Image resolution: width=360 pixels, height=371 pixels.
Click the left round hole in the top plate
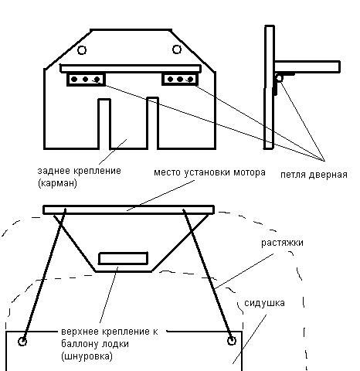[x=82, y=49]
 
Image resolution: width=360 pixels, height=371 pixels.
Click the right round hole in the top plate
[x=177, y=49]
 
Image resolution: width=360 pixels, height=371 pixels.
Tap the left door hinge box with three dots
[x=86, y=80]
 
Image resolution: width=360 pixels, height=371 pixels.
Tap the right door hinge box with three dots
[x=180, y=79]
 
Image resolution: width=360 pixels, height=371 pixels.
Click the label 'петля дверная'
[x=314, y=175]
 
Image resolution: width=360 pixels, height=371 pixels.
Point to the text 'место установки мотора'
[x=209, y=172]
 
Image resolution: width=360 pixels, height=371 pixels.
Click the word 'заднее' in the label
[x=54, y=171]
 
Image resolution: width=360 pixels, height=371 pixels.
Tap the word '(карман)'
[x=57, y=183]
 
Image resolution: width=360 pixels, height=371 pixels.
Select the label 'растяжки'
[x=282, y=243]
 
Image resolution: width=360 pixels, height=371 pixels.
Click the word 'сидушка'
[x=264, y=303]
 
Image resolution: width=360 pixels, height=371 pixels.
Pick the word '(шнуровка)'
[x=87, y=356]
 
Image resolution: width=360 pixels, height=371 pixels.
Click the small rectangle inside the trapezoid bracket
[x=124, y=258]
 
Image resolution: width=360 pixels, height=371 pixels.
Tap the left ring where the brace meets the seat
[x=22, y=342]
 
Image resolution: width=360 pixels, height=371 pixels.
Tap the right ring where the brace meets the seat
[x=232, y=341]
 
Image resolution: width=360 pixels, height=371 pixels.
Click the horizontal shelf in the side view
[x=307, y=67]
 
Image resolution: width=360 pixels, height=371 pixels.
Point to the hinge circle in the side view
[x=279, y=78]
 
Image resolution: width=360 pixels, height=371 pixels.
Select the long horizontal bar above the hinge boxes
[x=131, y=69]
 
